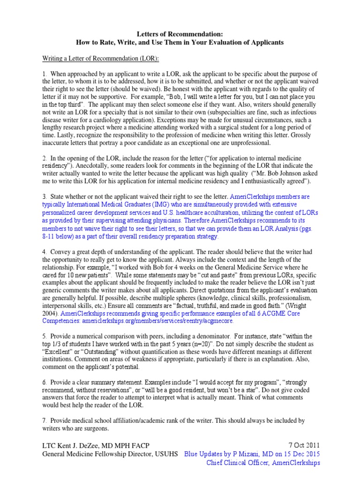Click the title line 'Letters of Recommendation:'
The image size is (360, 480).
[180, 34]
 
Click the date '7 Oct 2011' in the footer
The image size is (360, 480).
[303, 446]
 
